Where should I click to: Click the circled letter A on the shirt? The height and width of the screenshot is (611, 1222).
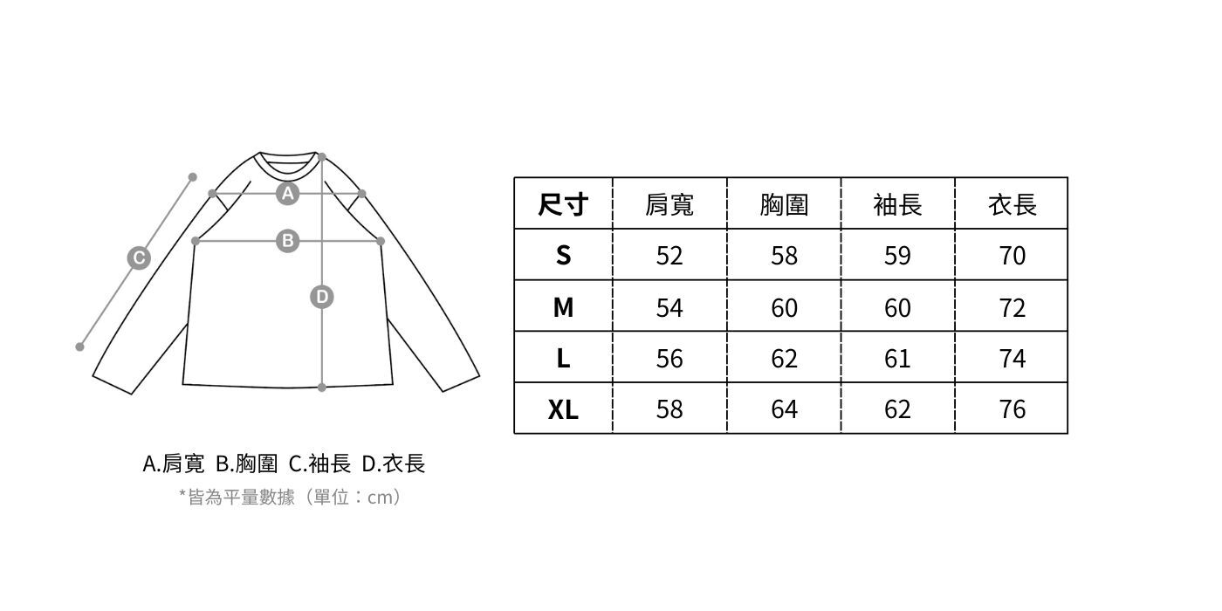[x=287, y=193]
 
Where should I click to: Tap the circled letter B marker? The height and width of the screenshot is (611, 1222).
[x=287, y=241]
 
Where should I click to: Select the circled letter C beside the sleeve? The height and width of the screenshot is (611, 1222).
[x=139, y=257]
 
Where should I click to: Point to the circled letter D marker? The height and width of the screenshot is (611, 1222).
[x=322, y=297]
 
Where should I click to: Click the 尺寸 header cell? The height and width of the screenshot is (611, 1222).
[x=563, y=204]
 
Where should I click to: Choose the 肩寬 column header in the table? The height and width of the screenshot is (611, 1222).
[x=669, y=204]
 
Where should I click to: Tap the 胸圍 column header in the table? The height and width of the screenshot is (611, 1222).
[x=784, y=204]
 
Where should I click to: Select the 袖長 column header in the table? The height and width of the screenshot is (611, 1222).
[x=897, y=204]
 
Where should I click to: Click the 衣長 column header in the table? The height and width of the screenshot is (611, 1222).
[x=1012, y=204]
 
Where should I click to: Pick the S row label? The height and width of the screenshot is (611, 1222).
[x=563, y=255]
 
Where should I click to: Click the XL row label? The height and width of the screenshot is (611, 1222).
[x=563, y=408]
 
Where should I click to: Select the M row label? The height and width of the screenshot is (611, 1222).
[x=563, y=307]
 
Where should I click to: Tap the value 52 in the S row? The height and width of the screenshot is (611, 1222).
[x=669, y=256]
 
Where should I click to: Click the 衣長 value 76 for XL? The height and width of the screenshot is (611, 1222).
[x=1012, y=409]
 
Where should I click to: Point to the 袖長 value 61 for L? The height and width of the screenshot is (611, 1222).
[x=897, y=359]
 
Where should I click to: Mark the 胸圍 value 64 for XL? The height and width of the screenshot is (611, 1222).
[x=784, y=409]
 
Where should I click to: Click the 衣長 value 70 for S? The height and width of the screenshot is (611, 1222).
[x=1012, y=256]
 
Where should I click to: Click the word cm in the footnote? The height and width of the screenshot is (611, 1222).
[x=380, y=498]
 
